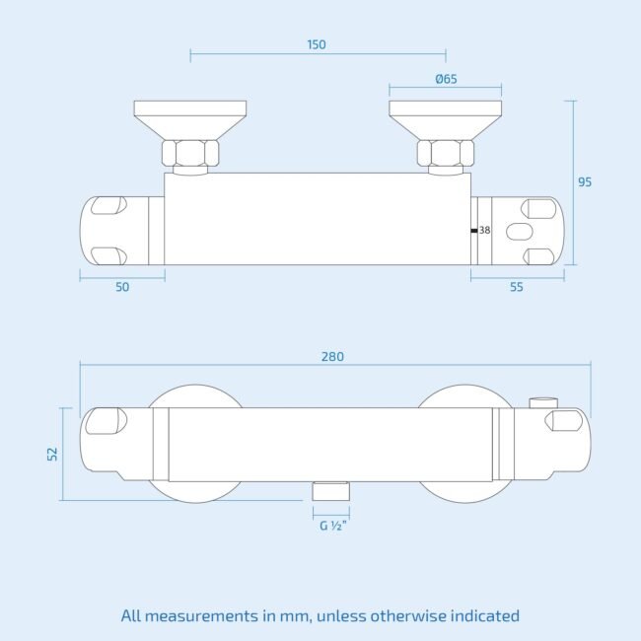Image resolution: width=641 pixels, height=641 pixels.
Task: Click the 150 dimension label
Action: (x=317, y=44)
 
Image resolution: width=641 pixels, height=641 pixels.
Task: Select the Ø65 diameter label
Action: (x=446, y=79)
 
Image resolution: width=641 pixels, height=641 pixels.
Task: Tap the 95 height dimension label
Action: (x=585, y=181)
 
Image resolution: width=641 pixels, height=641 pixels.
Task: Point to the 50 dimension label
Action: (x=122, y=287)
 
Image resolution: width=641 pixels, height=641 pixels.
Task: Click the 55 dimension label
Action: (x=517, y=287)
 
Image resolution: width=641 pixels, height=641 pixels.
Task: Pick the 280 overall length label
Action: (x=332, y=357)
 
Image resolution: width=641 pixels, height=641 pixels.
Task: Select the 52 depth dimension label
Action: (x=52, y=455)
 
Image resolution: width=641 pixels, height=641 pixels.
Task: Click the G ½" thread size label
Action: (x=333, y=526)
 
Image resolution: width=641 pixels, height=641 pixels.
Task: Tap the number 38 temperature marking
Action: (x=484, y=230)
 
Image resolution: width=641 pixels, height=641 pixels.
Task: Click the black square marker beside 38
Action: (x=474, y=231)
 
